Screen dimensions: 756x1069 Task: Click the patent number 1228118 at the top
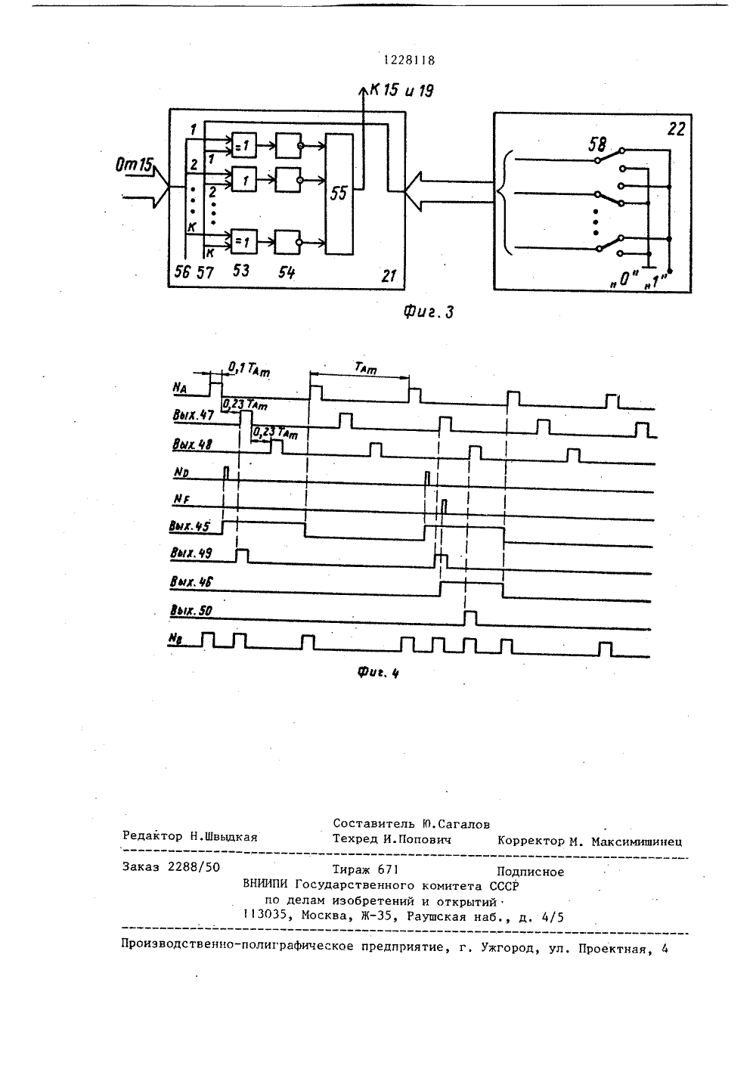click(x=409, y=60)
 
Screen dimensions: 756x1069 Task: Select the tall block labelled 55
click(x=339, y=194)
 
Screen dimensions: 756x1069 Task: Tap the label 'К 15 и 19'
click(x=402, y=91)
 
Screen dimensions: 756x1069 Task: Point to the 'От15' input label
click(x=133, y=166)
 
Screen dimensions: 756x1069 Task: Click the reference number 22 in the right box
click(x=676, y=129)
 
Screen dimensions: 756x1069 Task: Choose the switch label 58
click(x=597, y=144)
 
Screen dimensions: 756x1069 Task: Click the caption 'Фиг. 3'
click(x=428, y=312)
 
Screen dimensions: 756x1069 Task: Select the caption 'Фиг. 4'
click(x=378, y=672)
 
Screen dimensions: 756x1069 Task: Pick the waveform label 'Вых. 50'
click(x=191, y=611)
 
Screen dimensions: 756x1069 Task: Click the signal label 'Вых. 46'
click(x=191, y=582)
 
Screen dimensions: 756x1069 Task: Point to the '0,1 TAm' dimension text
click(x=249, y=370)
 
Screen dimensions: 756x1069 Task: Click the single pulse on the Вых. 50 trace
click(x=470, y=618)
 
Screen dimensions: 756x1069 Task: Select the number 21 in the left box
click(x=389, y=276)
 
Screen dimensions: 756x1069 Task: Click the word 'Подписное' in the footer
click(x=530, y=872)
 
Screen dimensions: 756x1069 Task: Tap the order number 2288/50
click(x=194, y=867)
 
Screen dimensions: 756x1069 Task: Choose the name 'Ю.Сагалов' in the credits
click(x=456, y=824)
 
